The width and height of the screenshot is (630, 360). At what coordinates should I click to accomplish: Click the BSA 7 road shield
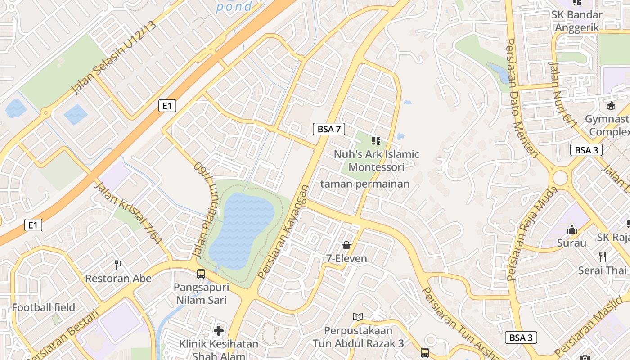point(329,129)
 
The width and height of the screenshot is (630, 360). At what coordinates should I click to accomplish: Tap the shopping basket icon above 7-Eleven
point(346,245)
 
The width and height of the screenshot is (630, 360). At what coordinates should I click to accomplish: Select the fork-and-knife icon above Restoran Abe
point(118,265)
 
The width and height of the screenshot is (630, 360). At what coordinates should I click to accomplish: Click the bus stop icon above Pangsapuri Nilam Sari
point(201,274)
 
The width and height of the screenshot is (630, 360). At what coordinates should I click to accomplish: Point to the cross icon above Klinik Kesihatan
point(219,331)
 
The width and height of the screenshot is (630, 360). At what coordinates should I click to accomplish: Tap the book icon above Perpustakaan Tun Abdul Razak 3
point(358,317)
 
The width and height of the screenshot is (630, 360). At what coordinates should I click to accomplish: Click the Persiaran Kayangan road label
point(284,231)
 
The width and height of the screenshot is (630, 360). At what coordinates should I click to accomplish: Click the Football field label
point(44,308)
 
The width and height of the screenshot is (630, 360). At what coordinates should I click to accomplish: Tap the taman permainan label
point(365,184)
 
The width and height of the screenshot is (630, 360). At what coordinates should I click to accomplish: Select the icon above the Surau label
point(572,229)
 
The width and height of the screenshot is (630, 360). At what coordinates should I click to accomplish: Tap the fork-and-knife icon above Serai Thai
point(603,257)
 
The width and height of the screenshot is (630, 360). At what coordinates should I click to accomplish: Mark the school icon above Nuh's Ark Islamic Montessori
point(376,141)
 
